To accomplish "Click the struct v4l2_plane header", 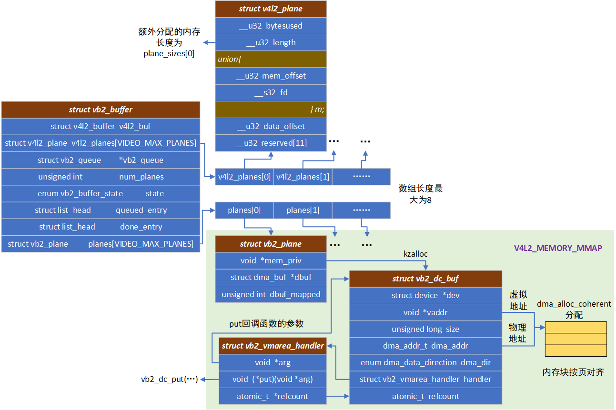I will point(271,9).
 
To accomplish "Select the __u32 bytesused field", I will point(271,26).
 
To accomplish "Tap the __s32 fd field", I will point(271,92).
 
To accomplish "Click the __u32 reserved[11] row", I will point(271,143).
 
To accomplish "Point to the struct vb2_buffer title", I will point(101,110).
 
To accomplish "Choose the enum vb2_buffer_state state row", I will point(101,193).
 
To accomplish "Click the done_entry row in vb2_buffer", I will point(101,227).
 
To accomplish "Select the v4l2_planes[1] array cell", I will point(303,177).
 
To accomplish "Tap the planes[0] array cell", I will point(244,210).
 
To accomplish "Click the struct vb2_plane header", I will point(271,244).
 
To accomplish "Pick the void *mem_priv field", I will point(271,260).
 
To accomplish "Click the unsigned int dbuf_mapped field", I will point(271,294).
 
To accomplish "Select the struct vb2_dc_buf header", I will point(425,279).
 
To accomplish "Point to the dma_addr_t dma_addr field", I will point(425,346).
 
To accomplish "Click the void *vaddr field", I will point(425,312).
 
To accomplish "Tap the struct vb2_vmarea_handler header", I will point(273,346).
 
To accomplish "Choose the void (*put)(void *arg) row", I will point(273,380).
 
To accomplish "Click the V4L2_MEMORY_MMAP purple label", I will point(557,248).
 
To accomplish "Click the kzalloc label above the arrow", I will point(415,254).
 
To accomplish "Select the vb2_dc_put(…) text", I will point(169,380).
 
